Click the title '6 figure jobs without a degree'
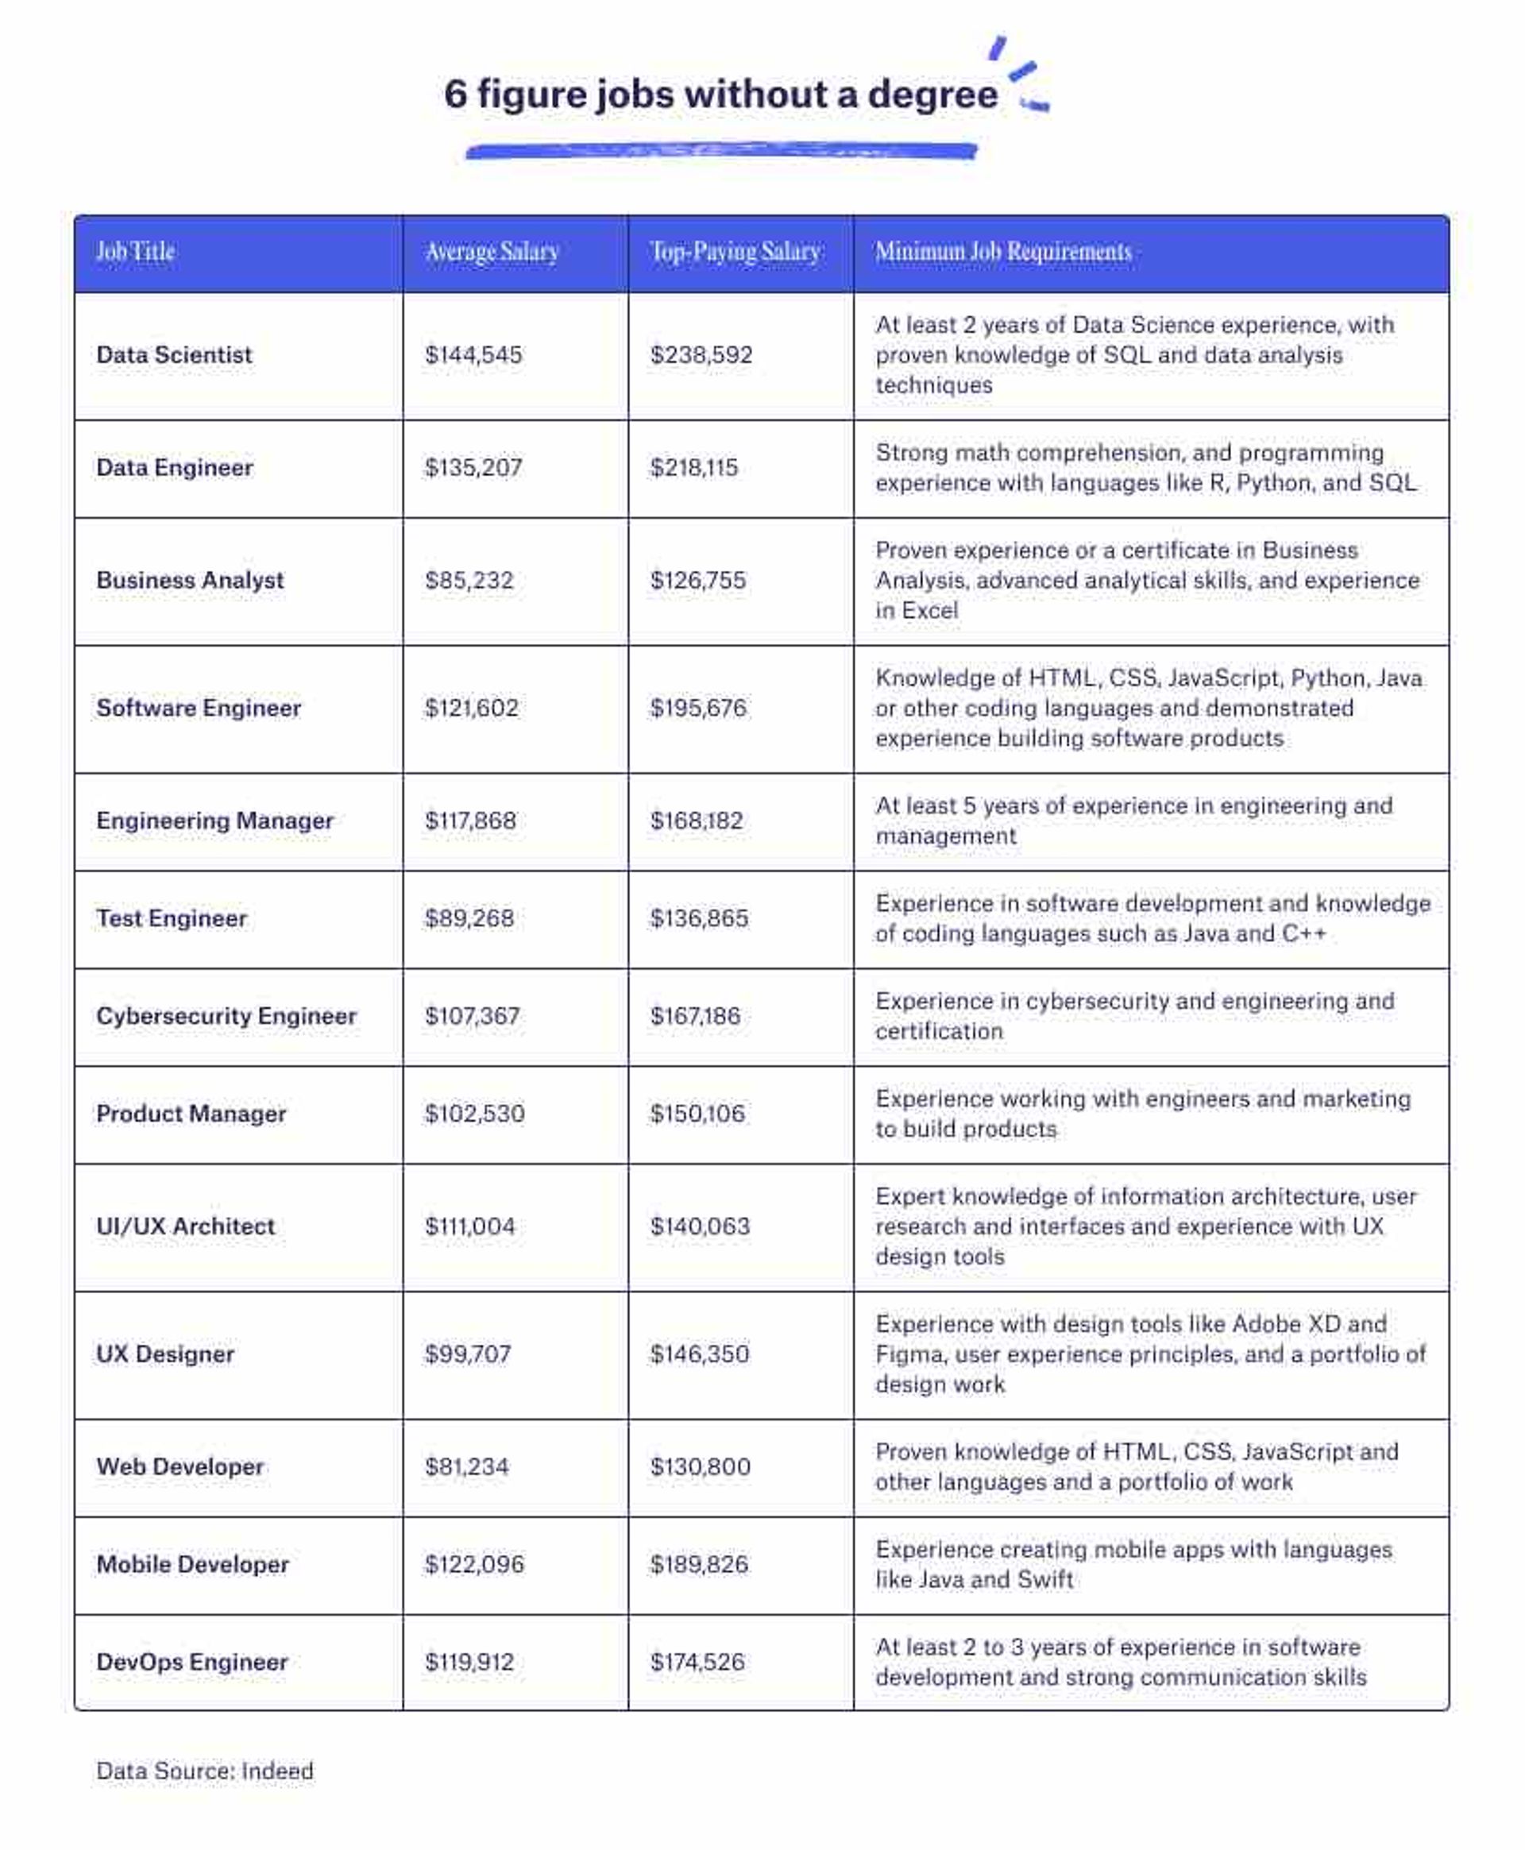click(x=720, y=95)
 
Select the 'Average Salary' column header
click(x=492, y=252)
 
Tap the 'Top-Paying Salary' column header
click(x=735, y=252)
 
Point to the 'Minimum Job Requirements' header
click(x=1003, y=252)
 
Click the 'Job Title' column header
click(x=135, y=252)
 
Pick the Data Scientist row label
click(x=174, y=355)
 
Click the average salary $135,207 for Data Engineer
click(x=473, y=467)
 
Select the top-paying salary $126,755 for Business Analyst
click(x=697, y=581)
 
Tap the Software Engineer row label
click(x=199, y=708)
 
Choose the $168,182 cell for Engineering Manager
click(x=697, y=821)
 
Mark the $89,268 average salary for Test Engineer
click(x=469, y=918)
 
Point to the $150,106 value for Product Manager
click(x=697, y=1114)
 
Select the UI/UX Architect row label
click(x=185, y=1226)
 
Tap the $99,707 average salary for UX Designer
click(x=467, y=1354)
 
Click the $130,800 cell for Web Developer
click(x=700, y=1466)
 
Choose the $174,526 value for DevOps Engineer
click(x=697, y=1662)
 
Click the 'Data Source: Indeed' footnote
click(x=205, y=1771)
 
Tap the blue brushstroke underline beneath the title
click(x=720, y=152)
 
